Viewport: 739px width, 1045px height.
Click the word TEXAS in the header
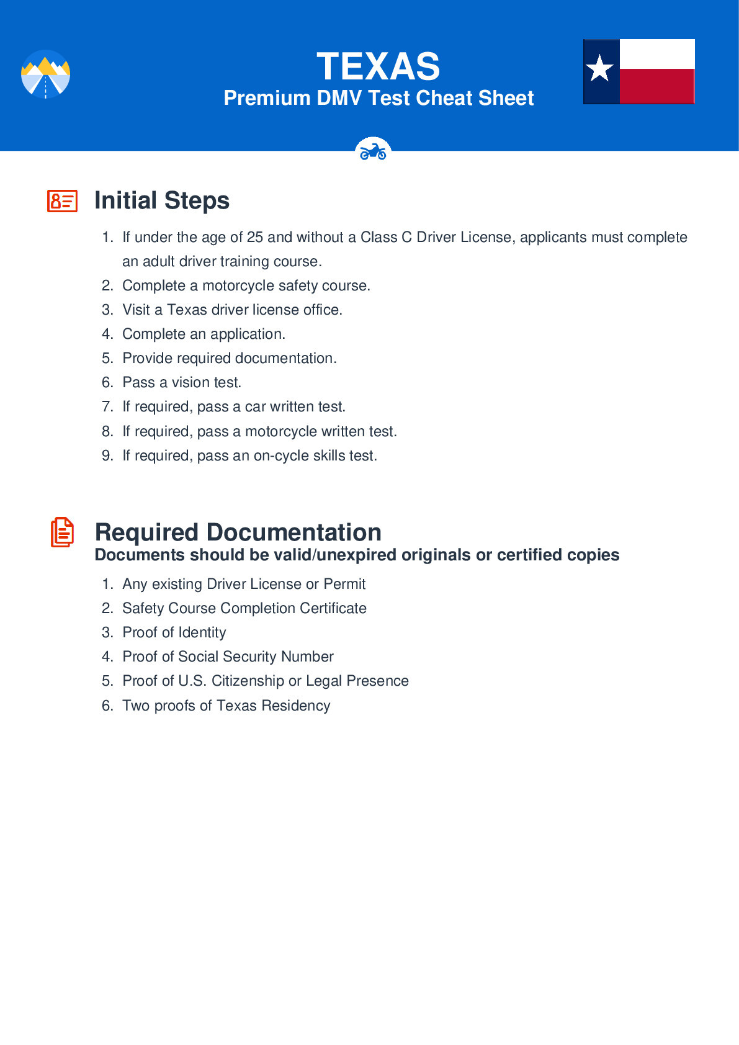coord(378,66)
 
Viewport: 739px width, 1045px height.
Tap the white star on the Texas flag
coord(600,68)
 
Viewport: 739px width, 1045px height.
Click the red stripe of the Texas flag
coord(656,86)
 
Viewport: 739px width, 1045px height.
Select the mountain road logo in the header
coord(45,74)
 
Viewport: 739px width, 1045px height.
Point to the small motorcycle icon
coord(373,151)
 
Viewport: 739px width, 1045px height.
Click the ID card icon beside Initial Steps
coord(62,201)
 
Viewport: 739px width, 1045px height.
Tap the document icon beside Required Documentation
coord(62,532)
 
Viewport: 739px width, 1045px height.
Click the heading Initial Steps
coord(162,200)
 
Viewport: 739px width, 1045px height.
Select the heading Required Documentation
coord(238,532)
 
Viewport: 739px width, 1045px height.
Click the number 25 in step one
coord(255,237)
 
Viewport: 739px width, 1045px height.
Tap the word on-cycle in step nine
coord(281,455)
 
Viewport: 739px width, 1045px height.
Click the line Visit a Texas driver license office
coord(232,310)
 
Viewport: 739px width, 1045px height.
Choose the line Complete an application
coord(204,334)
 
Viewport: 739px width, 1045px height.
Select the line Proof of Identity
coord(174,632)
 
